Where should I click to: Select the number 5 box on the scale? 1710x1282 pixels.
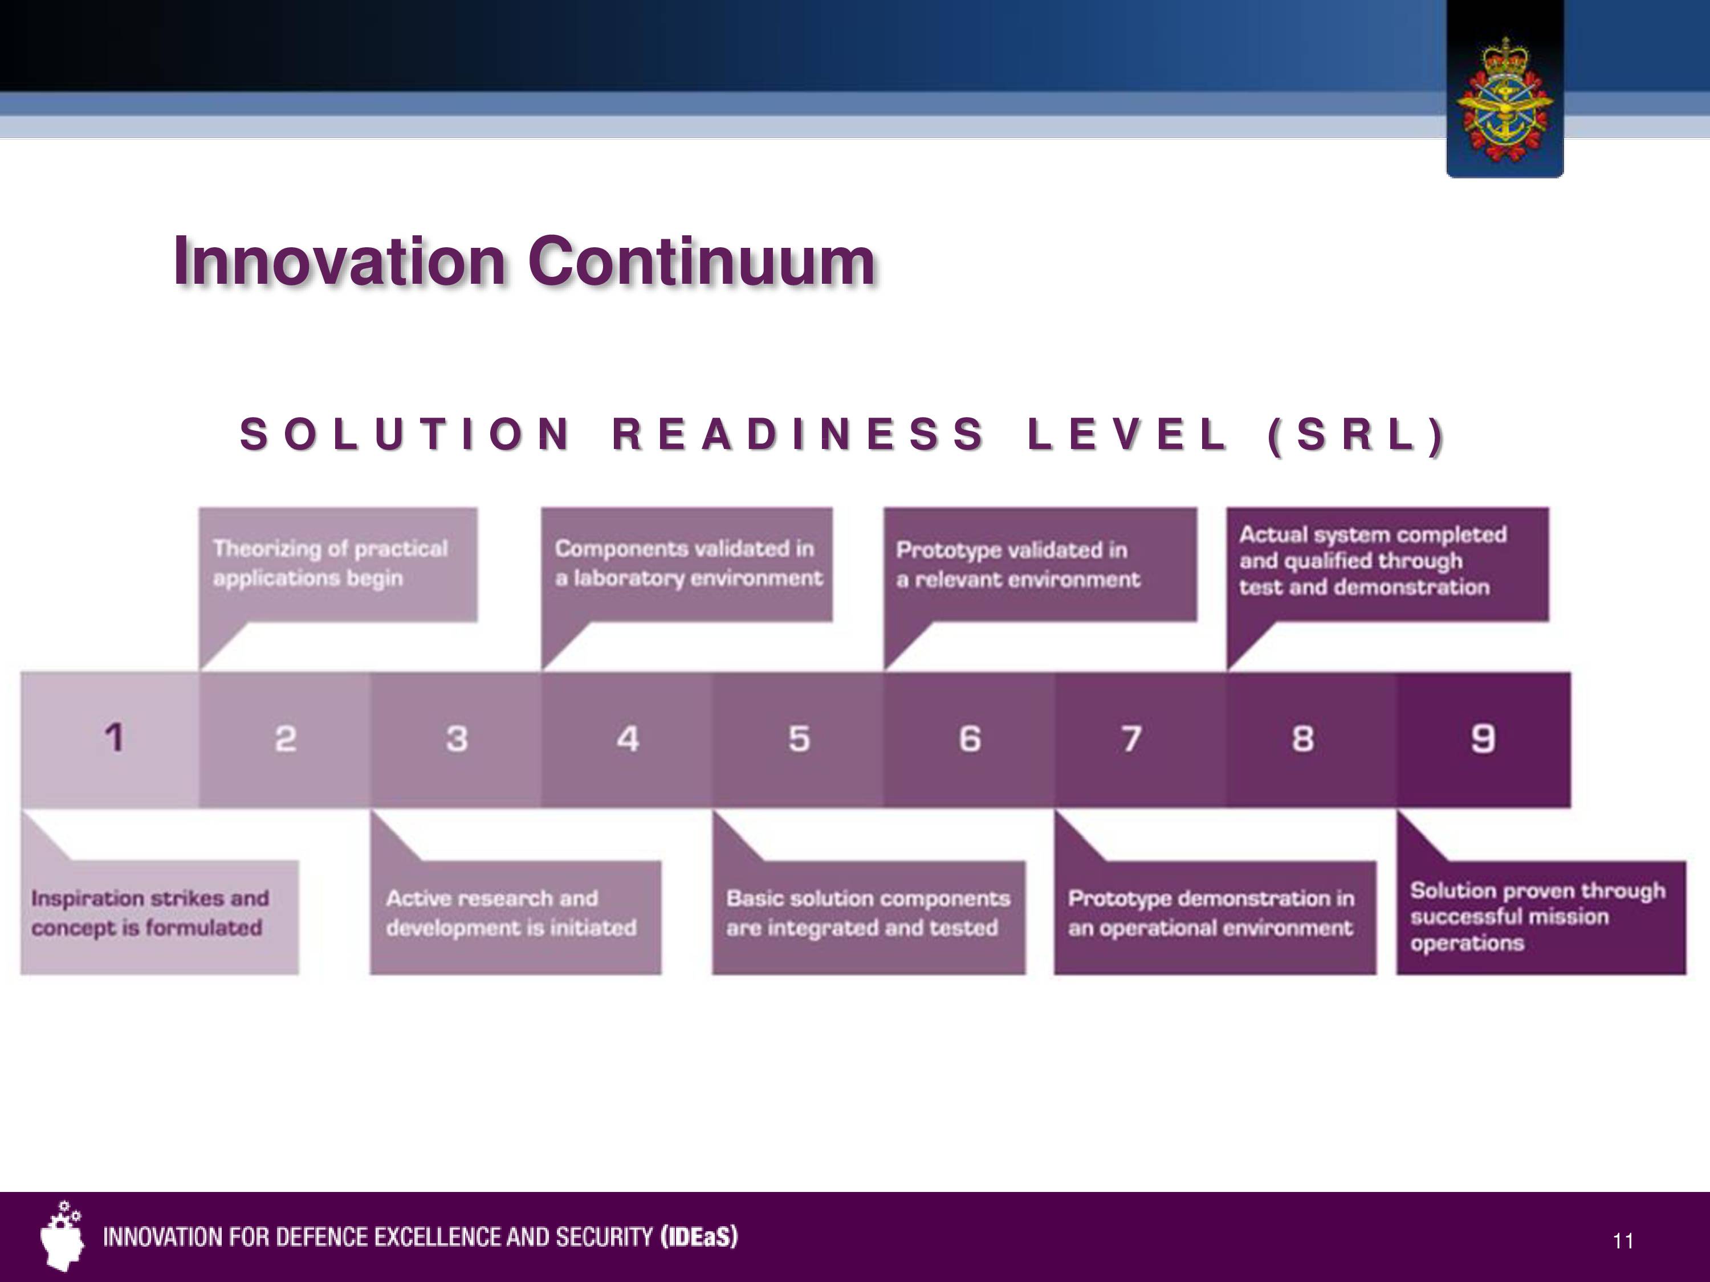point(799,740)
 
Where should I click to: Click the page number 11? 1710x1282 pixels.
point(1623,1241)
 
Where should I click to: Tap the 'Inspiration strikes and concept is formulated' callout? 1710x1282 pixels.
point(159,916)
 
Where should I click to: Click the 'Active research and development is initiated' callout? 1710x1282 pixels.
point(516,916)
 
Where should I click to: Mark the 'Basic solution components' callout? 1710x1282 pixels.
point(869,916)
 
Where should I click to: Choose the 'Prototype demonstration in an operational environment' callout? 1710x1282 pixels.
point(1215,916)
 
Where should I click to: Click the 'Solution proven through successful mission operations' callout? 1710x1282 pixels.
point(1541,916)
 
